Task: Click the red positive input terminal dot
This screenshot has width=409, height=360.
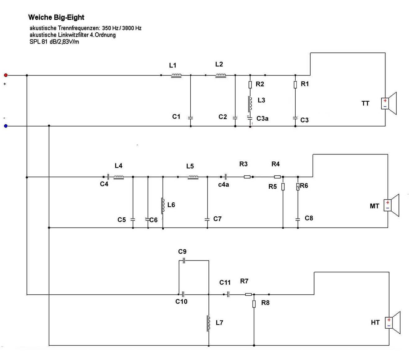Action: pos(6,75)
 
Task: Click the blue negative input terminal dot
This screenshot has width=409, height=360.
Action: pos(6,126)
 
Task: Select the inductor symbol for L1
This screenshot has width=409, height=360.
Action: pos(176,75)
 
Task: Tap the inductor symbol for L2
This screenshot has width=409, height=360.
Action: pos(220,75)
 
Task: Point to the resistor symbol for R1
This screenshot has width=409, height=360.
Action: pos(295,84)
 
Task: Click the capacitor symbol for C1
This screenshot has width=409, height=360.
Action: pos(191,118)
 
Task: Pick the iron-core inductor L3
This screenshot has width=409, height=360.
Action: pos(250,104)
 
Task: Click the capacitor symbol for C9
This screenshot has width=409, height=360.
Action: pos(184,261)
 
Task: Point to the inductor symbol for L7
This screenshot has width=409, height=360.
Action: pos(208,323)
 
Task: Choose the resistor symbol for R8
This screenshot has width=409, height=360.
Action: pos(254,304)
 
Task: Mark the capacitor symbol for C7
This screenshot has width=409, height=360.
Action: pos(207,219)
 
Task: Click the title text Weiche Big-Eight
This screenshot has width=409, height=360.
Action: pos(56,17)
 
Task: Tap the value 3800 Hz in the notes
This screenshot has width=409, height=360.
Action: pos(132,28)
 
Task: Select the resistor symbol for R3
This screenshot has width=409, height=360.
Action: pos(247,177)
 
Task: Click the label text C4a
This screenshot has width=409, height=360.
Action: pos(223,185)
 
